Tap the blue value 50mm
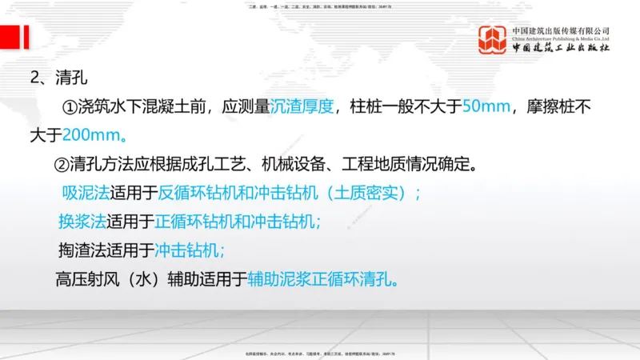(484, 106)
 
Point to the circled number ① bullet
(70, 106)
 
